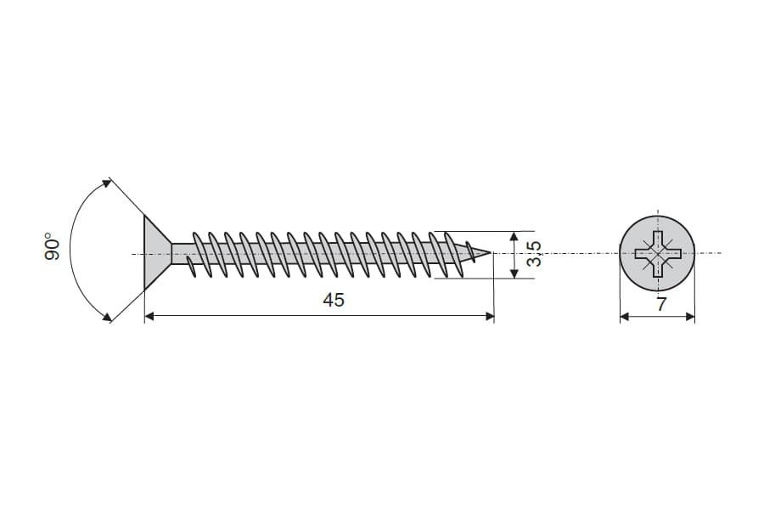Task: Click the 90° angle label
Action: (52, 246)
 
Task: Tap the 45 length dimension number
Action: (334, 300)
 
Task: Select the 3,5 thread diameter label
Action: (535, 253)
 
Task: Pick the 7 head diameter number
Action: (660, 304)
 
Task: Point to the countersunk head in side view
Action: (156, 253)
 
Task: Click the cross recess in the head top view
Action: (657, 253)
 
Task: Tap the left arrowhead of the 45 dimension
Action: (149, 317)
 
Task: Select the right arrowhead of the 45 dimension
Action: (490, 317)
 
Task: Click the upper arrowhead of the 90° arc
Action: (107, 184)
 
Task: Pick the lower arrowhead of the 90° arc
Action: (106, 317)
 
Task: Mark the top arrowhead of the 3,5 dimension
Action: (514, 236)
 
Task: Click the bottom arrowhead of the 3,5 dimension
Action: (514, 273)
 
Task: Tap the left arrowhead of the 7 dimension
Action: (625, 317)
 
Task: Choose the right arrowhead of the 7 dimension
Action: (690, 317)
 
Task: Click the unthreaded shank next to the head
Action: (182, 253)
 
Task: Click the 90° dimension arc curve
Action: (70, 250)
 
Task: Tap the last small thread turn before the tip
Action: (470, 252)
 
